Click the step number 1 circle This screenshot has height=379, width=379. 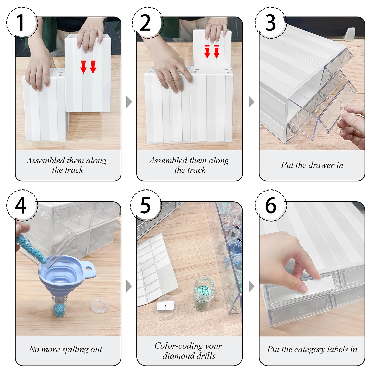[22, 23]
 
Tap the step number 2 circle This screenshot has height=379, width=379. [148, 23]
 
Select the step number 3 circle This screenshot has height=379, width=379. [271, 23]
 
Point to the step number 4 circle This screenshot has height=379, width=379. [22, 205]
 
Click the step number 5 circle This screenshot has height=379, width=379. [146, 205]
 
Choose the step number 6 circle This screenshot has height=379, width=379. [271, 205]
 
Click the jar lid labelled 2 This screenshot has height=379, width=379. [166, 307]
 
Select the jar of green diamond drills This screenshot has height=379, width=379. [204, 294]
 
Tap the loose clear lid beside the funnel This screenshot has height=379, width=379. [99, 305]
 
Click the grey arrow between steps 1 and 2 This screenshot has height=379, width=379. [129, 102]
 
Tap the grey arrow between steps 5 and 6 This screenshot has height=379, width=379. [251, 286]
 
